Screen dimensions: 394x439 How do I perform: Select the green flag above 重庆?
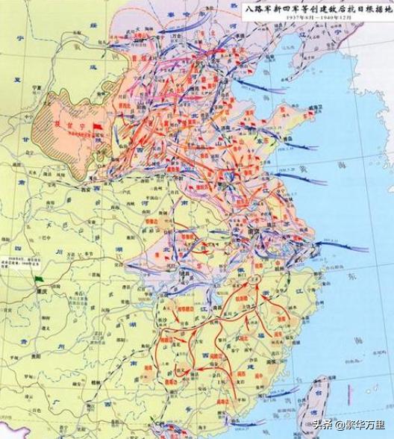[38, 279]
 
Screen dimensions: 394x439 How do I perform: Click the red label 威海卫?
[297, 112]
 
